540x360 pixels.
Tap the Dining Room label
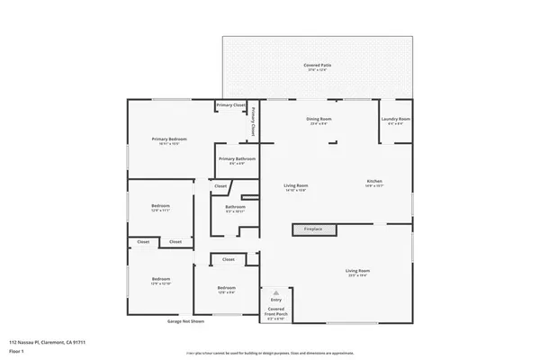[319, 120]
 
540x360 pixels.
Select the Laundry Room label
[395, 120]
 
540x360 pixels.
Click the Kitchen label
[374, 182]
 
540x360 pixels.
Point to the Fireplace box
[313, 230]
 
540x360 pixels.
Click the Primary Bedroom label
[169, 139]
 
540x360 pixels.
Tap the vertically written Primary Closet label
[253, 121]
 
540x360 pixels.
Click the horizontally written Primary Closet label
[231, 105]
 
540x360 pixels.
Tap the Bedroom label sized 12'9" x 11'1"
[160, 207]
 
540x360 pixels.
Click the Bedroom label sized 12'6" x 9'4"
[227, 288]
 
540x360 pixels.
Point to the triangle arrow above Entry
[276, 293]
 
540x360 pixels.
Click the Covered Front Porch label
[276, 312]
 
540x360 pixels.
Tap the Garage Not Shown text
[185, 321]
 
